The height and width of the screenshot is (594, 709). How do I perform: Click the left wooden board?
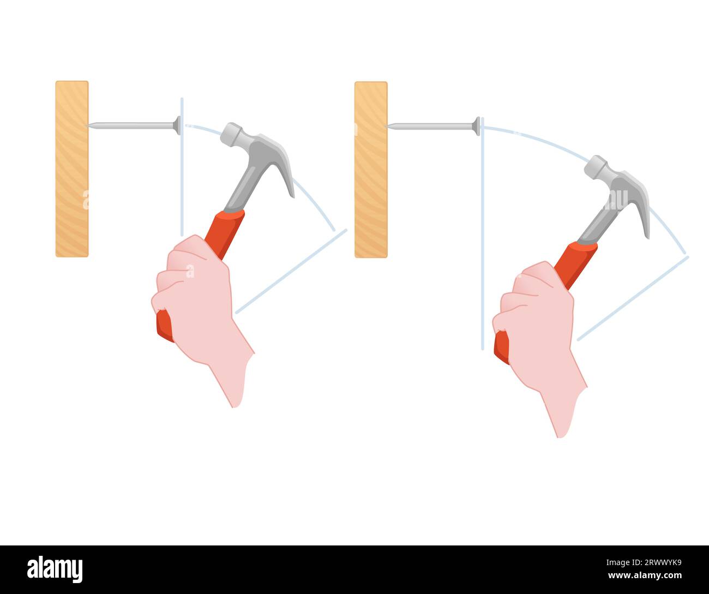click(72, 169)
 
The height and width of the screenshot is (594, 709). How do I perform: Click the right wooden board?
click(371, 169)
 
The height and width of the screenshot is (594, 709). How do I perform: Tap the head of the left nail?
click(177, 125)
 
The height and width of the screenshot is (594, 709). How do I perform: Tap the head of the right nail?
click(476, 126)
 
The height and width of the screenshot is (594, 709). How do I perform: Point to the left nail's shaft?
click(131, 125)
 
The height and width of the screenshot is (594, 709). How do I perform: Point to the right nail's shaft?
click(431, 126)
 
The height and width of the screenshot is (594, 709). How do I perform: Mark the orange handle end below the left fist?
click(164, 327)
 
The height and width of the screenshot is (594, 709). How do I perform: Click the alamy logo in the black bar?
click(55, 569)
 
